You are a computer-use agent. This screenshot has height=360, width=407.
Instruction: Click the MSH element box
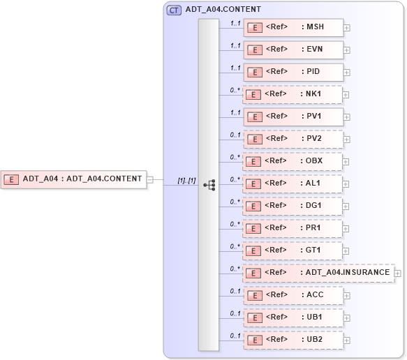293,28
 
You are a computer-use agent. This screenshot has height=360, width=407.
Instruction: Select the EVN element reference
293,50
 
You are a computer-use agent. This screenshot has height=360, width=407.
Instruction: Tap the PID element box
293,73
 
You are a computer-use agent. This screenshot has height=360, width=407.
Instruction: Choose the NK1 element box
293,95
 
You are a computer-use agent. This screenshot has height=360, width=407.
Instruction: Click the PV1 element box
293,117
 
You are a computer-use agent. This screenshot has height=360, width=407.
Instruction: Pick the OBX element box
293,161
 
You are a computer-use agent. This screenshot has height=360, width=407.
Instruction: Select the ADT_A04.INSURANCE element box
318,273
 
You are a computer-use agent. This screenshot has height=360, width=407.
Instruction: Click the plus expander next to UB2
347,340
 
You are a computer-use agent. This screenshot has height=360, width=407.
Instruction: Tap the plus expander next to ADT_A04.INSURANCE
398,273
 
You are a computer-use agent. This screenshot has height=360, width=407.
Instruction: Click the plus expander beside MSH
347,29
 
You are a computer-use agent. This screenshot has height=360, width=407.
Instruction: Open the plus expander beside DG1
347,207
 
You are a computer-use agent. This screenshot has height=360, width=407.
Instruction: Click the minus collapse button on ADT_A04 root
149,179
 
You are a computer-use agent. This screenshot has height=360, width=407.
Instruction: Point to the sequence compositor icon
209,185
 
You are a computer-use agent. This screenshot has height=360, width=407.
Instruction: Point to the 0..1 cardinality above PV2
235,135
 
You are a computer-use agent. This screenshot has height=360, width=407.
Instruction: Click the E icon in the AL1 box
256,184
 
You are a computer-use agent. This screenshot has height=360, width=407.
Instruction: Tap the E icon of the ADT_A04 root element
12,179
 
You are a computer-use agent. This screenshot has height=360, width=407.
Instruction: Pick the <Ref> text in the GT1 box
277,250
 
